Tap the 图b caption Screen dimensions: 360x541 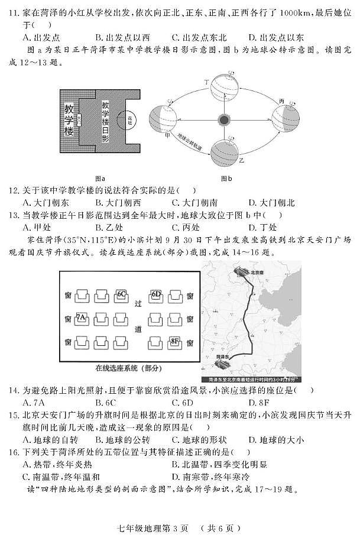pos(226,178)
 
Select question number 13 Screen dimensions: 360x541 pos(12,215)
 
